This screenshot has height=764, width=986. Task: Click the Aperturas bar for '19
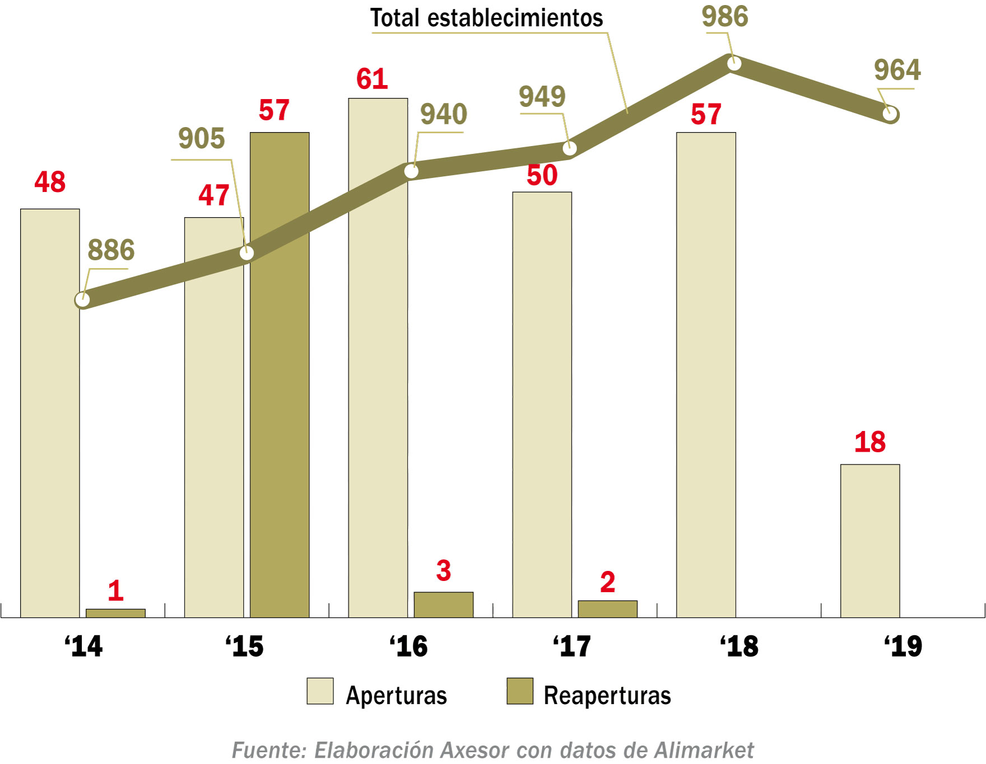[870, 541]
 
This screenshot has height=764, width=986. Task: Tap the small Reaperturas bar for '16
[443, 604]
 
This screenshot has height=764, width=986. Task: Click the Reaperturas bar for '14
[115, 613]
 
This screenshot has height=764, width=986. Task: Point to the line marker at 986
[734, 64]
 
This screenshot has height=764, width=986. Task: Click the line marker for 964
[890, 114]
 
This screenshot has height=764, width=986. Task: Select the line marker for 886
[82, 300]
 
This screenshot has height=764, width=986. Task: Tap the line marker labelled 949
[569, 148]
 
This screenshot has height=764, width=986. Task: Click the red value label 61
[372, 79]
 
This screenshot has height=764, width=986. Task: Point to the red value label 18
[869, 442]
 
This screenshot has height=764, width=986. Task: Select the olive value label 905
[201, 138]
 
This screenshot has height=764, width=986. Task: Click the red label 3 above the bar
[443, 571]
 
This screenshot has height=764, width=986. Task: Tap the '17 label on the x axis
[571, 646]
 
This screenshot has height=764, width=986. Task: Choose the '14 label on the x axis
[83, 646]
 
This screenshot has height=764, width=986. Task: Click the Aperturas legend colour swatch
[320, 691]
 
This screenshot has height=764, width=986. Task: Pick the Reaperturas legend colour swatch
[520, 691]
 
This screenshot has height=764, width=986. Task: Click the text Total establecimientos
[486, 18]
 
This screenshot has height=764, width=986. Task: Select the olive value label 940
[443, 114]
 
